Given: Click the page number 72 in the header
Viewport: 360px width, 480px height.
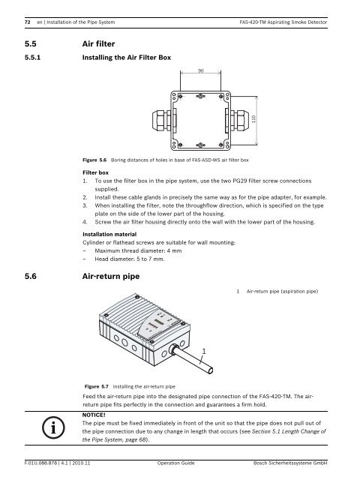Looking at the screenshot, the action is (28, 22).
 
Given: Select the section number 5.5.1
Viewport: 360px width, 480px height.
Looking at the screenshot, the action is (33, 58).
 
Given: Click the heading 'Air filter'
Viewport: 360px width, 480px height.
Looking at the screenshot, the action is (98, 44).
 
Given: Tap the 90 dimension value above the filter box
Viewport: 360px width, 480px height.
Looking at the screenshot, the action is (201, 70).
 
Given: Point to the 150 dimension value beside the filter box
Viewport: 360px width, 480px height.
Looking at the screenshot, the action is (253, 119).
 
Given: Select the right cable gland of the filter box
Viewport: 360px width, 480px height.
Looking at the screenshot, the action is (238, 121).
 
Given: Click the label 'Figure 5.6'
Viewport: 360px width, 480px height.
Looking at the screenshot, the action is (94, 160).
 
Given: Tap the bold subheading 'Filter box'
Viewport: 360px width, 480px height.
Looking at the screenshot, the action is (95, 172).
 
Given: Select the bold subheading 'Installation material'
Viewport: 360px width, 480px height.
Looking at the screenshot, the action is (109, 235).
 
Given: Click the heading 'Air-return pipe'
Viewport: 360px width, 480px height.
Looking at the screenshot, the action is (111, 277).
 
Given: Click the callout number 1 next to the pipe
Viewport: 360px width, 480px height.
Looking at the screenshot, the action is (204, 351).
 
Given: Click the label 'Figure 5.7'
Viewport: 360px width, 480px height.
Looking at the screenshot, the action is (97, 387).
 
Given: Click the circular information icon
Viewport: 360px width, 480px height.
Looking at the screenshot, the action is (53, 427).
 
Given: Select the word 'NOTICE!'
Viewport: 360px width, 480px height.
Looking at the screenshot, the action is (94, 415).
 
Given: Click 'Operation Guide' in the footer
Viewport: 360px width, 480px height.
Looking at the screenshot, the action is (175, 463).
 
